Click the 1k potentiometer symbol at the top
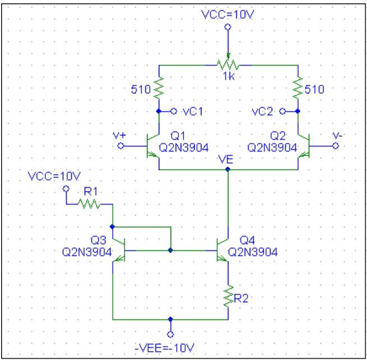227,65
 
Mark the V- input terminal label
334,135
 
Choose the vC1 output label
192,111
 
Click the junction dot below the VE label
228,170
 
